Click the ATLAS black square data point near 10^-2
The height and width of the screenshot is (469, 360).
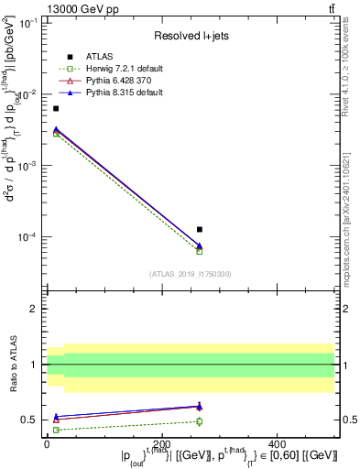pyautogui.click(x=56, y=109)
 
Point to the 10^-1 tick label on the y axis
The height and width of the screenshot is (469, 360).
pyautogui.click(x=27, y=24)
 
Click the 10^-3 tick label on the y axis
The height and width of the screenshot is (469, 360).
pyautogui.click(x=27, y=166)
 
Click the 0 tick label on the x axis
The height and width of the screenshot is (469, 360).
pyautogui.click(x=47, y=443)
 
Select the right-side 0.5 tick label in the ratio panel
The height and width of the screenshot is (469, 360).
pyautogui.click(x=347, y=420)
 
